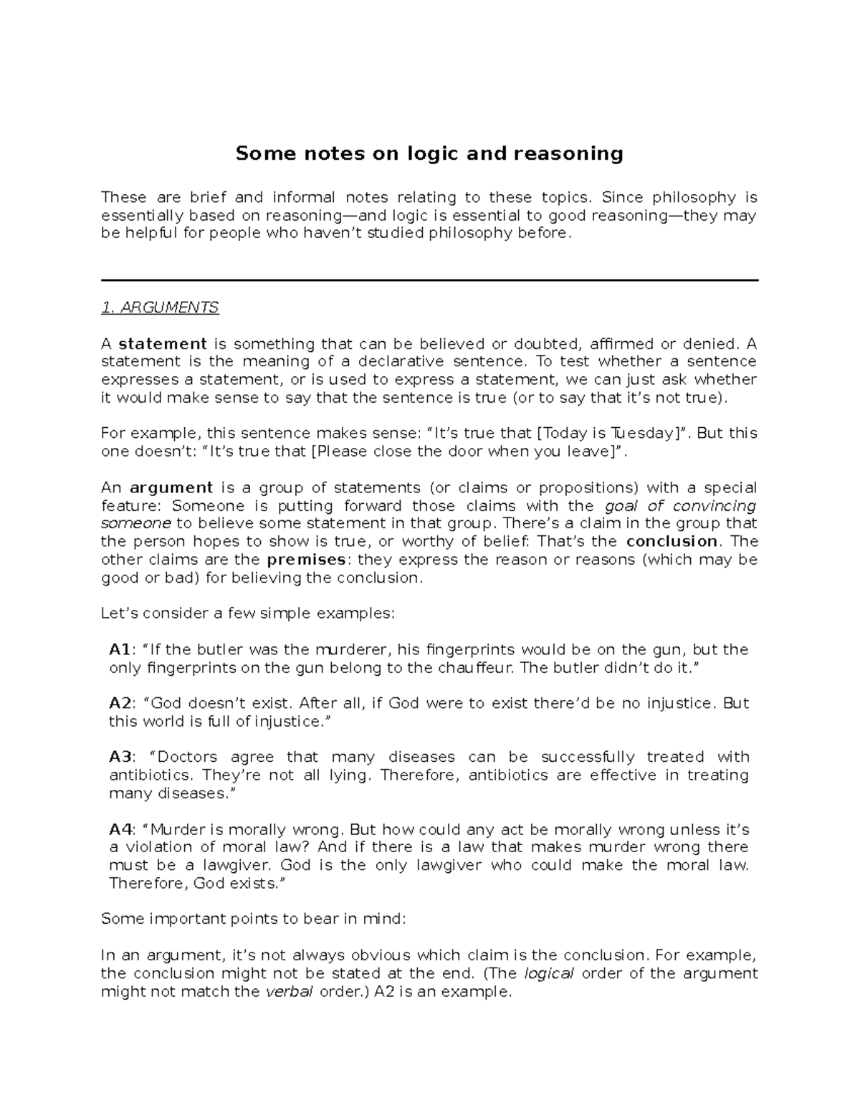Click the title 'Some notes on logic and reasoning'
(429, 153)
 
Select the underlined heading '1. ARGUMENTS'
(160, 307)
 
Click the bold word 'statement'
(163, 344)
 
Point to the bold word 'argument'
(171, 488)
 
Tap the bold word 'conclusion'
(672, 542)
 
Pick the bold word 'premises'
(305, 560)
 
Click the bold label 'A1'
(120, 650)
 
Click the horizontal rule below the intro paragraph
(429, 280)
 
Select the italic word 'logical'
(550, 973)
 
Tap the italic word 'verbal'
(285, 992)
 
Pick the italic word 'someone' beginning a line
(136, 524)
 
